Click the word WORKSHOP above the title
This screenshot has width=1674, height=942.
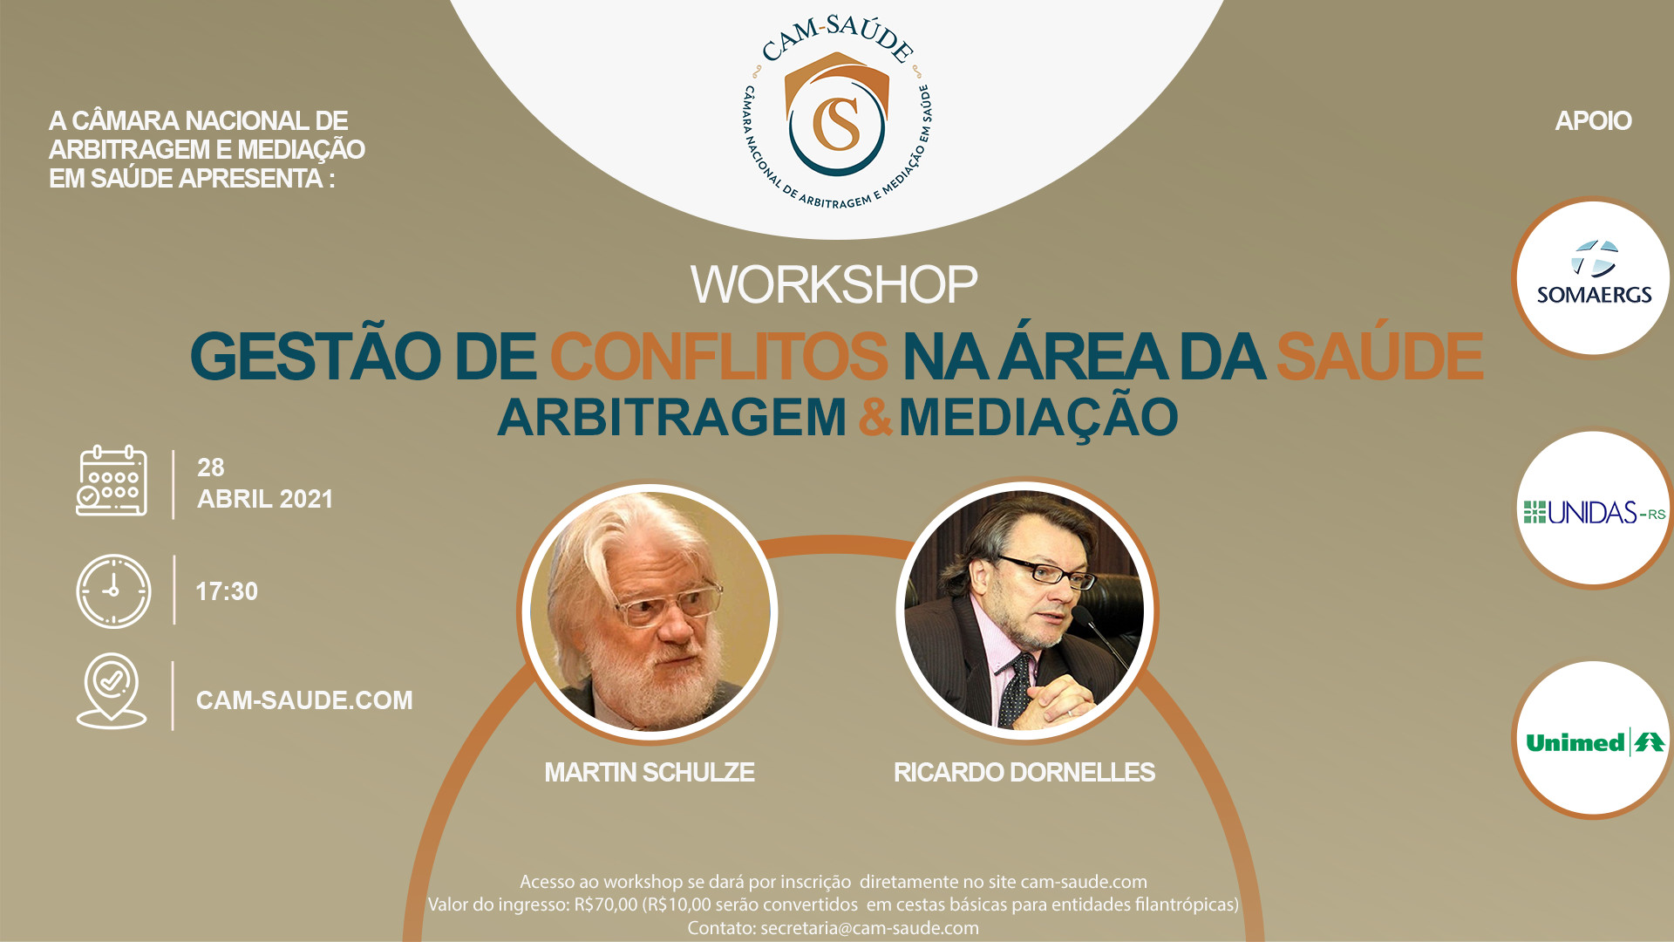click(834, 284)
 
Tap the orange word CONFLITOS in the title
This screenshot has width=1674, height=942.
click(718, 356)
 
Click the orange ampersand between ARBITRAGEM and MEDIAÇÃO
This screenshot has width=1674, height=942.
click(874, 417)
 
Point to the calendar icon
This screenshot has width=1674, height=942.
click(112, 481)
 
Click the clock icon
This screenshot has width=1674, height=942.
click(113, 591)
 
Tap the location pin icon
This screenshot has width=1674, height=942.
click(112, 691)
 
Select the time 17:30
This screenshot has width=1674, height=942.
click(227, 591)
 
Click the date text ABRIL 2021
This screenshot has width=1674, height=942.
click(265, 499)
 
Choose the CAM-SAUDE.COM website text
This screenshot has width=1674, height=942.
click(304, 700)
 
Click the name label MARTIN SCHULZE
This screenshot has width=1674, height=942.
click(650, 773)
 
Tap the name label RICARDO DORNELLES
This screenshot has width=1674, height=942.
click(1024, 773)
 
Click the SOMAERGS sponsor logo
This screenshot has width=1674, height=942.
click(1594, 274)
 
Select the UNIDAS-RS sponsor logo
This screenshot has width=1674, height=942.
click(1595, 512)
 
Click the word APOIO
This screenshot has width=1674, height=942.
click(1593, 120)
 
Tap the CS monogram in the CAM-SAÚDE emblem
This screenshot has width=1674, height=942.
click(837, 123)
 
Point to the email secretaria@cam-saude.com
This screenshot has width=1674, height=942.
click(869, 928)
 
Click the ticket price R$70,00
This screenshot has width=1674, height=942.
click(606, 904)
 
